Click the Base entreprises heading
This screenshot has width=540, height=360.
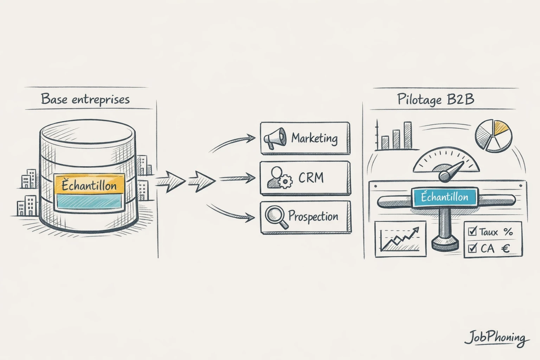pyautogui.click(x=85, y=99)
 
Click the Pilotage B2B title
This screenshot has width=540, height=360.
pyautogui.click(x=436, y=99)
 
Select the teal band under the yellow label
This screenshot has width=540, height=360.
pyautogui.click(x=90, y=201)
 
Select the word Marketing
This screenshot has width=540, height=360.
pyautogui.click(x=314, y=138)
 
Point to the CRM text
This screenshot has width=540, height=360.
pyautogui.click(x=311, y=178)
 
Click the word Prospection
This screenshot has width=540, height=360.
pyautogui.click(x=313, y=216)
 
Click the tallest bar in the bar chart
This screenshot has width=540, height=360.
pyautogui.click(x=407, y=135)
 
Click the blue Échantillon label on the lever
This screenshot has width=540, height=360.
pyautogui.click(x=444, y=197)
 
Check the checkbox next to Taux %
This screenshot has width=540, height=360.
pyautogui.click(x=472, y=232)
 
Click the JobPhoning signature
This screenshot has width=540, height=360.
pyautogui.click(x=496, y=339)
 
